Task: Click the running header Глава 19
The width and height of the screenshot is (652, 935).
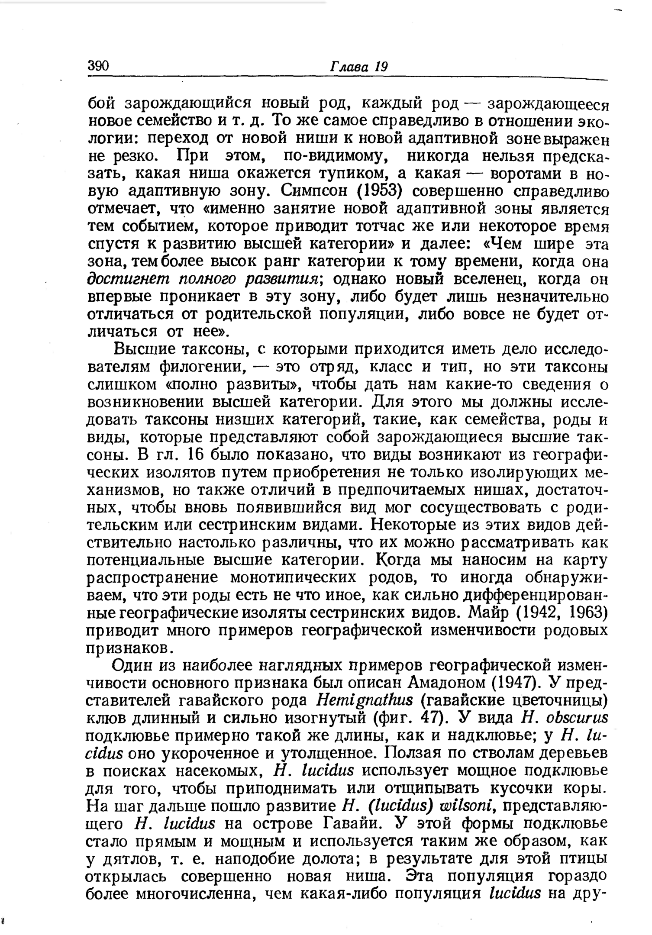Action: [359, 67]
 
